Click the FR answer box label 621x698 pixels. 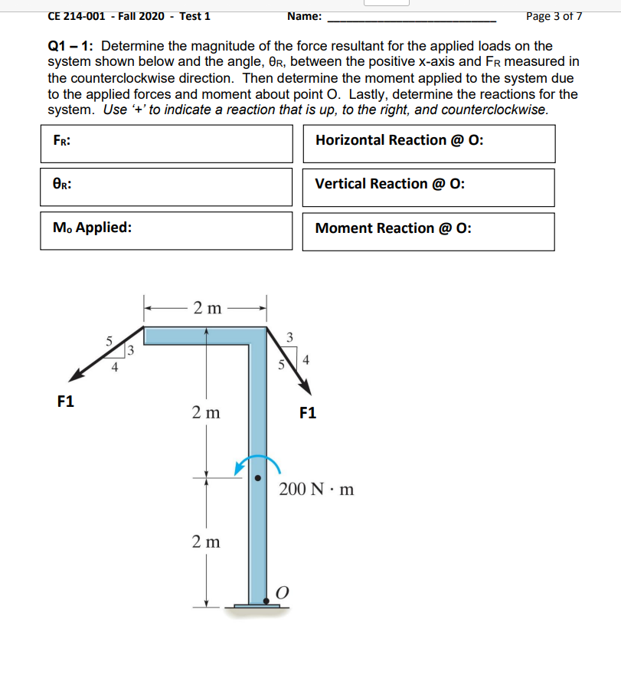(62, 140)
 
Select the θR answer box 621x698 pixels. (167, 187)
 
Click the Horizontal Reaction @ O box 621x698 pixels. (429, 144)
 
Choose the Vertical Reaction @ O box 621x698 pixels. (429, 188)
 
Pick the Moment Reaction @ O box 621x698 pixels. (429, 231)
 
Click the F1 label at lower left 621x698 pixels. (66, 401)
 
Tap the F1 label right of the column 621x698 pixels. (307, 414)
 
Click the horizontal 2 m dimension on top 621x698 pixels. (207, 309)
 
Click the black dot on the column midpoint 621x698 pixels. (259, 477)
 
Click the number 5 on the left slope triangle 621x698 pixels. (109, 340)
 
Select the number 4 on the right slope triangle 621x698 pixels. (307, 359)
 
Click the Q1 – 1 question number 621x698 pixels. (70, 47)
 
